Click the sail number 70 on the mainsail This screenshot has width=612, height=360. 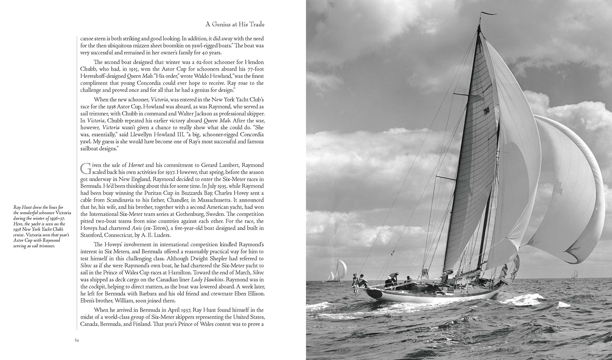coord(486,111)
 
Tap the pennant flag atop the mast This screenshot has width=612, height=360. coord(488,14)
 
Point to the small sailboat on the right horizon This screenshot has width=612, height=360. coord(575,273)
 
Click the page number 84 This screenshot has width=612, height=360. coord(77,340)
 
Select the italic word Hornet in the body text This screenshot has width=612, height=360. coord(136,165)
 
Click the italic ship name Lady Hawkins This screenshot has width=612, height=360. coord(205,279)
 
